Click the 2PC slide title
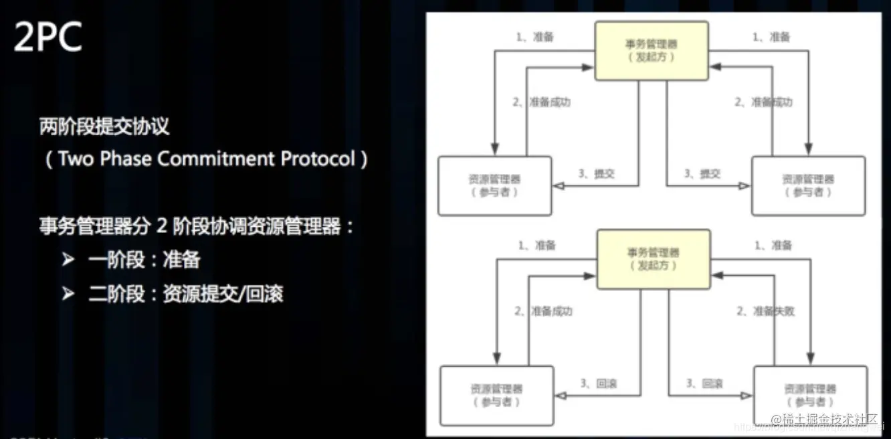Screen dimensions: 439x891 (x=48, y=37)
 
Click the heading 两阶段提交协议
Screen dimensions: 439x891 (x=103, y=126)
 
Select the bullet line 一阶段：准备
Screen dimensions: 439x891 (x=144, y=260)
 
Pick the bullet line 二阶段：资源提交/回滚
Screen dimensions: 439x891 (x=185, y=294)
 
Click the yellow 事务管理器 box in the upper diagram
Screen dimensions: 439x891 (x=652, y=50)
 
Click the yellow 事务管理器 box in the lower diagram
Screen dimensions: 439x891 (x=653, y=260)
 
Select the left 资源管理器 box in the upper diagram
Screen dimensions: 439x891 (x=495, y=185)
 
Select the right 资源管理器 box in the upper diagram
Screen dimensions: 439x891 (x=808, y=185)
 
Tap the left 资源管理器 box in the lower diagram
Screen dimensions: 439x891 (x=496, y=395)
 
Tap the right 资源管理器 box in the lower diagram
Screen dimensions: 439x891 (x=809, y=395)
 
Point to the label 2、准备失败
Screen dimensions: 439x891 (x=765, y=311)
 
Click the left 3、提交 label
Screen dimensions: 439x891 (x=596, y=174)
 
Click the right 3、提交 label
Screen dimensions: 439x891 (x=702, y=174)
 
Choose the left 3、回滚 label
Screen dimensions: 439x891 (x=598, y=383)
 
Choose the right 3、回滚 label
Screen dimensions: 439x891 (x=704, y=383)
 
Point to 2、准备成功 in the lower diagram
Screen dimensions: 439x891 (x=543, y=311)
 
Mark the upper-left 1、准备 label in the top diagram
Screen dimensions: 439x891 (x=535, y=37)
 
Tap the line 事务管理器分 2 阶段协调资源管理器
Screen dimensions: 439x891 (x=197, y=226)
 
